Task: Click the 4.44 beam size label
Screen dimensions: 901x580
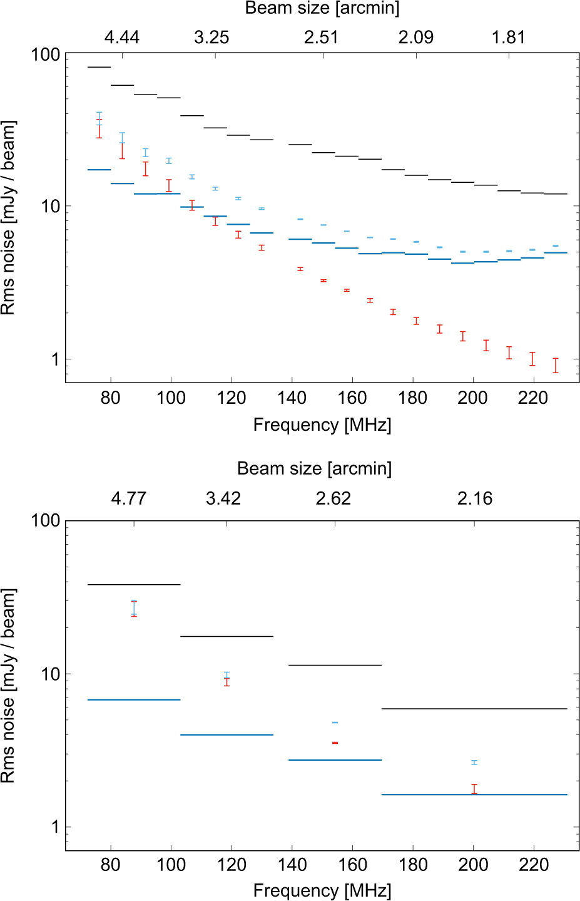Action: click(122, 38)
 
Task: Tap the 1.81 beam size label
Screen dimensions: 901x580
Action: click(508, 38)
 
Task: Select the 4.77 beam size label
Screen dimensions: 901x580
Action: click(129, 498)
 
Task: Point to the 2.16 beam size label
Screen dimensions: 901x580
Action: click(475, 498)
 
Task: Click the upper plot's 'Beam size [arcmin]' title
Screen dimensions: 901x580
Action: click(322, 8)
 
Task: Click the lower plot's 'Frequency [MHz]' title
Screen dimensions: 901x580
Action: click(322, 890)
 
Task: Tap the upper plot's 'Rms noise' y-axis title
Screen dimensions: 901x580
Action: click(8, 218)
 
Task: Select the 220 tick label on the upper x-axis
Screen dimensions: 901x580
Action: click(533, 398)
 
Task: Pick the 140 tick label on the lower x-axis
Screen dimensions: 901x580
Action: click(292, 865)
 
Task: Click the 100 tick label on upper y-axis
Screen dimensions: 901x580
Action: click(46, 54)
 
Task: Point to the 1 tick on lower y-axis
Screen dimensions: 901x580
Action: click(55, 827)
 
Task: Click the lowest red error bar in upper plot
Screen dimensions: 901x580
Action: click(556, 366)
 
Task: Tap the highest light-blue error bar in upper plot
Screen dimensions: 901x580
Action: click(99, 118)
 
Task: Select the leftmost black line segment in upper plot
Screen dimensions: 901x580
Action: click(99, 67)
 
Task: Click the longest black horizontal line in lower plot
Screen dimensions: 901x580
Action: click(474, 709)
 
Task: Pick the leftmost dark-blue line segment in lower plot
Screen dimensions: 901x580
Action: click(134, 699)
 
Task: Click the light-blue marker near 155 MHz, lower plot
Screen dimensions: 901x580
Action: click(335, 723)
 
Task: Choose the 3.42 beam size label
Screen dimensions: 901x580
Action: click(223, 498)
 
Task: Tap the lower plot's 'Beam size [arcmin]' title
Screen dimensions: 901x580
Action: click(315, 468)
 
